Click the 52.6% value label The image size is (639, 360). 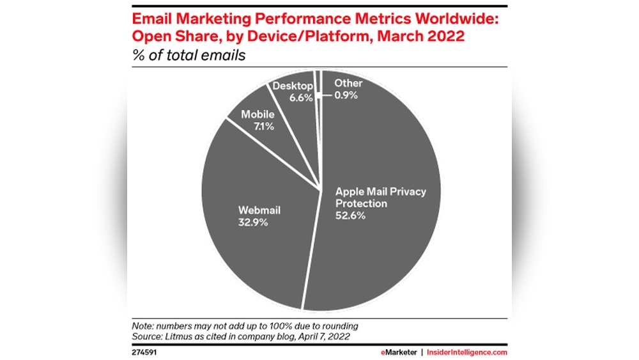coord(352,216)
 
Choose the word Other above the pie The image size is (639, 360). coord(348,83)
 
